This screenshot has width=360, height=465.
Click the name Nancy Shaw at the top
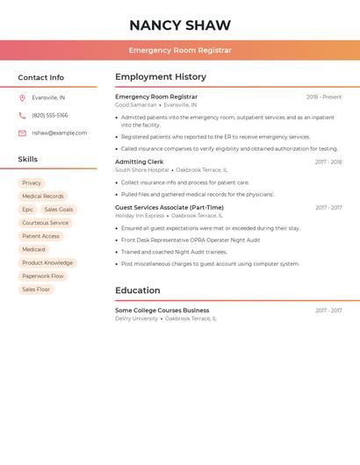click(x=180, y=25)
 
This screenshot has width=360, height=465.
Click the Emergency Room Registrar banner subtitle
click(x=180, y=50)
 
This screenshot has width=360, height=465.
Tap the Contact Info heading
click(x=41, y=77)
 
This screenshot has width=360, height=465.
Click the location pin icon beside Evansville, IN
click(x=22, y=98)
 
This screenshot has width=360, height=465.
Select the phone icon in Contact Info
click(x=22, y=116)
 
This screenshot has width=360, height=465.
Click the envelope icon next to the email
click(x=22, y=133)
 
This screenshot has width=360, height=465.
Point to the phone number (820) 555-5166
click(x=50, y=116)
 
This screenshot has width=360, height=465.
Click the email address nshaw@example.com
click(x=60, y=133)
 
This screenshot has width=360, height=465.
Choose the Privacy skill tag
click(x=32, y=183)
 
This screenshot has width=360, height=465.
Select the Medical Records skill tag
click(x=43, y=197)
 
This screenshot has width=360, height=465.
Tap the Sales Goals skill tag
click(x=59, y=210)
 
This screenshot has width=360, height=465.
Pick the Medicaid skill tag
click(x=33, y=250)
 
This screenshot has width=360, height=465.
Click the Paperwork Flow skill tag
click(x=43, y=276)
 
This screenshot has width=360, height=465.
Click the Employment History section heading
click(x=161, y=77)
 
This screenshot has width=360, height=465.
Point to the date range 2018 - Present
click(x=324, y=97)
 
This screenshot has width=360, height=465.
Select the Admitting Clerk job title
click(x=140, y=162)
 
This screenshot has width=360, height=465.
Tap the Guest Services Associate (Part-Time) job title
click(x=169, y=208)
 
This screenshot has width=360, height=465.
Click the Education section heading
click(x=138, y=290)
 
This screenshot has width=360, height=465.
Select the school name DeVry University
click(x=137, y=318)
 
